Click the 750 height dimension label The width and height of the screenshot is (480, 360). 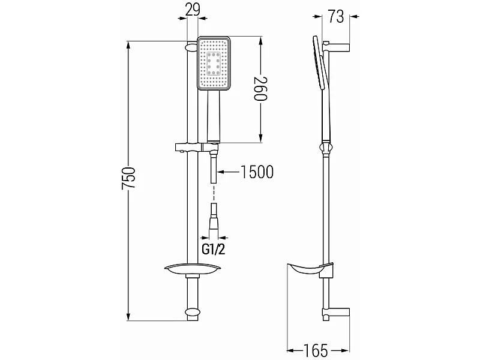coord(129,178)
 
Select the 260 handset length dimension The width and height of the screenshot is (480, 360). coord(261,89)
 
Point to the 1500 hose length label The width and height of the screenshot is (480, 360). coord(257,172)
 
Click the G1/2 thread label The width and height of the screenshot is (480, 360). coord(214,250)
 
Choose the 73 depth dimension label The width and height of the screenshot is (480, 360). coord(336,17)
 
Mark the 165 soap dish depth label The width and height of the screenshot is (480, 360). coord(316,350)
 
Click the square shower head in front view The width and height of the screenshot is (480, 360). coord(214,64)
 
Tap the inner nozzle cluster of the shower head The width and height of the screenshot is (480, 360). coord(214,64)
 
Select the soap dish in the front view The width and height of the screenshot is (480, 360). coord(192,268)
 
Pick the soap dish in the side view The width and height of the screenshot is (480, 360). coord(310,269)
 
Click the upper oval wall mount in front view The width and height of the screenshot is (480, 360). coord(192,47)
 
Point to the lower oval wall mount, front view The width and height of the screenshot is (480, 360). coord(192,312)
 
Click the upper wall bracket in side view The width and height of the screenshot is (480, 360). coord(336,47)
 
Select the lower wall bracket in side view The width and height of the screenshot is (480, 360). coord(336,313)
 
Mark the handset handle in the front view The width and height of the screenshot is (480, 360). coord(214,116)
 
